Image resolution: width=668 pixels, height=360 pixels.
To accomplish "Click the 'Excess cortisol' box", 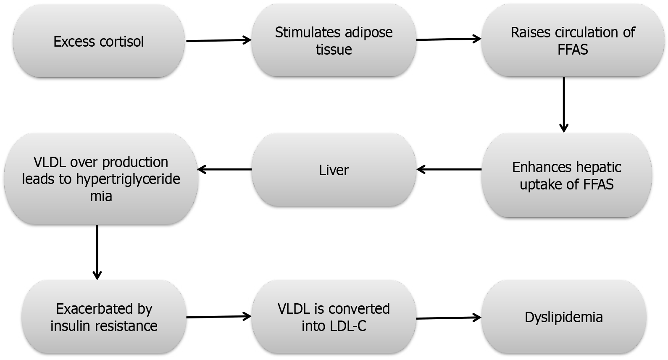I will pos(99,41).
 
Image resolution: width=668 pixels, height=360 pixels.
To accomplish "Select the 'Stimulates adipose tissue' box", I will pos(334,41).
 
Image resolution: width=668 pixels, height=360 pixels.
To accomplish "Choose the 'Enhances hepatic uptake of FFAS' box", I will pos(566,176).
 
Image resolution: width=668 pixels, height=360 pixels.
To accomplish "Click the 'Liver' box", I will pos(334,170).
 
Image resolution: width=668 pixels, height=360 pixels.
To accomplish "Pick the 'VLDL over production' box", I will pos(101,179).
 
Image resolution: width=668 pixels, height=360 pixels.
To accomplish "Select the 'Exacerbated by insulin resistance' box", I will pos(104,317).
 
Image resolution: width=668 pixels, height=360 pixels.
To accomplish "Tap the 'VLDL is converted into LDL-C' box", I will pos(334,317).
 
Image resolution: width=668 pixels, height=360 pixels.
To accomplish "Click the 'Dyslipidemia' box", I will pos(563,317).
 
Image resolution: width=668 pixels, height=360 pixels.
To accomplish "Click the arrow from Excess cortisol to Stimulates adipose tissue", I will pos(218,41).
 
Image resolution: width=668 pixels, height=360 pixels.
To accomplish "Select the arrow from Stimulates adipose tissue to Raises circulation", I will pos(449,39).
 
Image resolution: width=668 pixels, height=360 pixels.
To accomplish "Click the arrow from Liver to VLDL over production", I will pos(224,170).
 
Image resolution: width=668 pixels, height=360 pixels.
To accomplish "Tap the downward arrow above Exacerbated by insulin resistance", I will pos(97,252).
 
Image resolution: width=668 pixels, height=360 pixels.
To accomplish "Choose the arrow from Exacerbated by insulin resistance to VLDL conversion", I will pos(218,317).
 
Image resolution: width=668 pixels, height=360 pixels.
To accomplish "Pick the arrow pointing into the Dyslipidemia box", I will pos(449,318).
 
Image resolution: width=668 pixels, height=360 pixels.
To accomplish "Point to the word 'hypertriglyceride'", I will pos(128,179).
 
